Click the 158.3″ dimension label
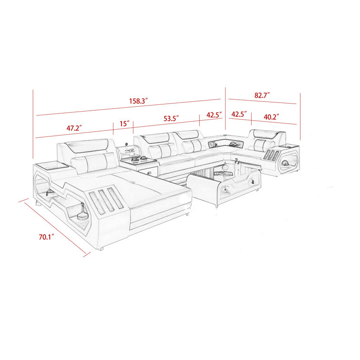coord(138,101)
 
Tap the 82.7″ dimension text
coord(262,95)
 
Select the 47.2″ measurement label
coord(74,128)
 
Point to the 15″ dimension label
coord(124,124)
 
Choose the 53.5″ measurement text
coord(171,118)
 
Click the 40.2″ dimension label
coord(271,117)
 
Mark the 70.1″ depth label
coord(46,237)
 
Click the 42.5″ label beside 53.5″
coord(214,115)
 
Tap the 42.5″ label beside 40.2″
coord(239,114)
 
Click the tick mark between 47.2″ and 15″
coord(113,129)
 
